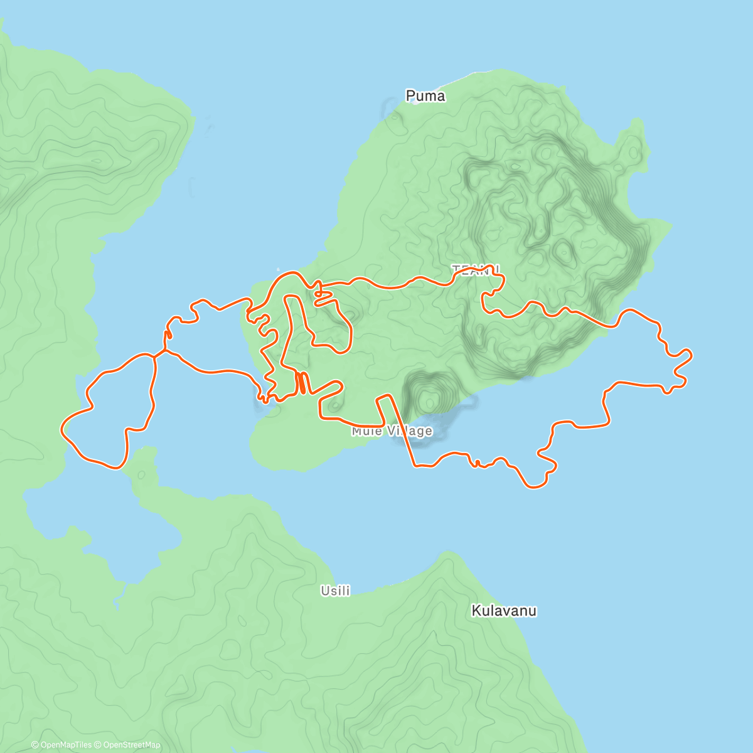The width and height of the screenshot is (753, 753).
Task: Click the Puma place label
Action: click(425, 96)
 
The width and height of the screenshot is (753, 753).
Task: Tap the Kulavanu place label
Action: click(504, 611)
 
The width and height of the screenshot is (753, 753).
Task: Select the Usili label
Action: click(335, 590)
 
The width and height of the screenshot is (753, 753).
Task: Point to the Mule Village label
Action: click(392, 431)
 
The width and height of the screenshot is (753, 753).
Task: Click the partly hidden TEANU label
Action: click(476, 269)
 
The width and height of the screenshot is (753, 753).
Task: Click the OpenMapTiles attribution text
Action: click(61, 745)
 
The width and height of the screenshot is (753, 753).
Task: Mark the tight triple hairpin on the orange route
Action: click(302, 382)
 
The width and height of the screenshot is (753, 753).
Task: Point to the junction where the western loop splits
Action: click(155, 355)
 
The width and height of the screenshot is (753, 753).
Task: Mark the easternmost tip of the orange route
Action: click(692, 355)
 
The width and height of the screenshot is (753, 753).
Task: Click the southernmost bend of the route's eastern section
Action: click(534, 487)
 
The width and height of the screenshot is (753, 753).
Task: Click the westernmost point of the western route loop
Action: click(61, 429)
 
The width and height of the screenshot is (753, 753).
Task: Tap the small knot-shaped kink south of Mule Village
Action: click(477, 464)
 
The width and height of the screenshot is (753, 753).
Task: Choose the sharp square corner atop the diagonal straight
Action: click(384, 396)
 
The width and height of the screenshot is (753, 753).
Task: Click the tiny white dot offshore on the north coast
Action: click(279, 270)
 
